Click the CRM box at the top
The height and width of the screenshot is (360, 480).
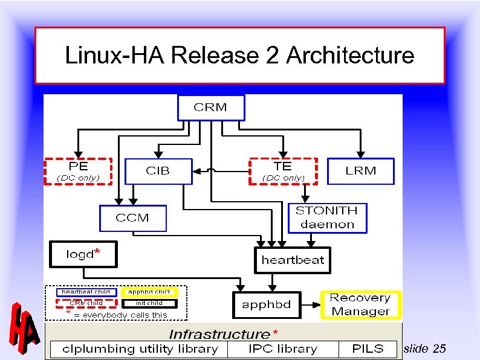pyautogui.click(x=210, y=108)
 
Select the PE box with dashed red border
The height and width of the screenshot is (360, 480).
pyautogui.click(x=78, y=171)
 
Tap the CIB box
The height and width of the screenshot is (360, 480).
pyautogui.click(x=158, y=171)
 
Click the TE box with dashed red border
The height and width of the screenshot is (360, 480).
pyautogui.click(x=283, y=171)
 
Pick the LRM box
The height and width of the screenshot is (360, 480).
pyautogui.click(x=360, y=171)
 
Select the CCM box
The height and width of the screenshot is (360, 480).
pyautogui.click(x=132, y=218)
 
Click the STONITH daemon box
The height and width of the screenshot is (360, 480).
pyautogui.click(x=326, y=217)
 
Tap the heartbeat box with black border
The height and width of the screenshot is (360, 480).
pyautogui.click(x=293, y=260)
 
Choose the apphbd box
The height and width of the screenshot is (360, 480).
pyautogui.click(x=267, y=305)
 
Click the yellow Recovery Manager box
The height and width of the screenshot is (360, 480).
pyautogui.click(x=360, y=304)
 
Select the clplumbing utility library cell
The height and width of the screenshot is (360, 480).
pyautogui.click(x=136, y=349)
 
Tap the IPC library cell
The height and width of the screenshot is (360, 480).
pyautogui.click(x=282, y=349)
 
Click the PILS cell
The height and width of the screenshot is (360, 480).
pyautogui.click(x=368, y=349)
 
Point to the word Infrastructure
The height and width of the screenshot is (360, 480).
pyautogui.click(x=219, y=334)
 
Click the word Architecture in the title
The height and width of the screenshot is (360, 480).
pyautogui.click(x=350, y=56)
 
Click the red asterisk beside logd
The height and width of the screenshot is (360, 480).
pyautogui.click(x=97, y=251)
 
